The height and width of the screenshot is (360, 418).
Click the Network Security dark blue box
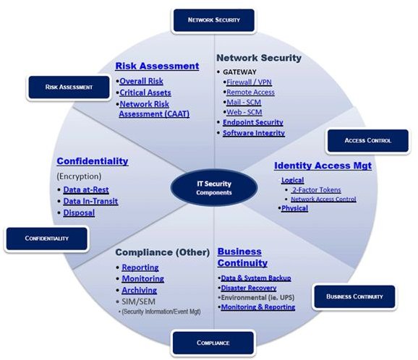click(x=214, y=20)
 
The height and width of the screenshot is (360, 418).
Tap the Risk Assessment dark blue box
click(x=69, y=87)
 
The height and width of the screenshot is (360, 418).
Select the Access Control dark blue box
click(x=368, y=141)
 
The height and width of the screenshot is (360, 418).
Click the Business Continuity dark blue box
click(x=354, y=296)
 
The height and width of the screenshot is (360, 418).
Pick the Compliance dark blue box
click(x=213, y=343)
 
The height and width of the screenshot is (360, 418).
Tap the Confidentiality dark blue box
click(x=47, y=239)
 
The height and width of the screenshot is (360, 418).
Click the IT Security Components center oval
click(x=214, y=188)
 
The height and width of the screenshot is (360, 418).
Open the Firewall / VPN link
click(x=249, y=82)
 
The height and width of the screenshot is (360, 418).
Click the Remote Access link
click(x=250, y=93)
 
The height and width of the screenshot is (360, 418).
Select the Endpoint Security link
click(x=253, y=122)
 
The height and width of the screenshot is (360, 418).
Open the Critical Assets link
click(x=145, y=93)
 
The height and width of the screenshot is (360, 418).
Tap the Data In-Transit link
click(x=90, y=201)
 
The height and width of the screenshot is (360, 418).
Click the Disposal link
click(x=79, y=213)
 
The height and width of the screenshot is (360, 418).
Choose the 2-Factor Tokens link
click(x=316, y=190)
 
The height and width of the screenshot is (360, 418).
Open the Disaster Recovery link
click(x=249, y=288)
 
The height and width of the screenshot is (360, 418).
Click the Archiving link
click(x=140, y=290)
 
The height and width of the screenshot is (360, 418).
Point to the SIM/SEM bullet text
click(x=138, y=301)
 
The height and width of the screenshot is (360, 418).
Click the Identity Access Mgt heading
click(x=323, y=166)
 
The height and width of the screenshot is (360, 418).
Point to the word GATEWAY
click(x=239, y=72)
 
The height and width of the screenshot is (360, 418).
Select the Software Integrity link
click(x=254, y=133)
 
